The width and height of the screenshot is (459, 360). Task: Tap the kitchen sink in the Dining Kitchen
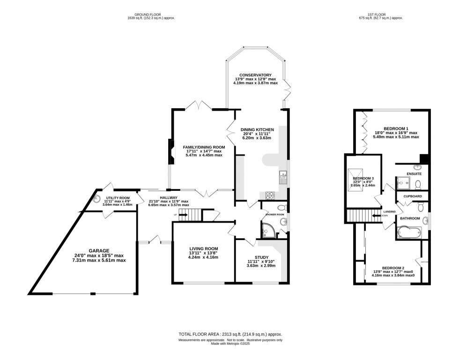tap(283, 177)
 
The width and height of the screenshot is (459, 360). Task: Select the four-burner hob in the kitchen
tap(271, 195)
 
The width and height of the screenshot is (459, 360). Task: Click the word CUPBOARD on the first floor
tap(413, 196)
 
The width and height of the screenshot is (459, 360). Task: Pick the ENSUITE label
tap(414, 174)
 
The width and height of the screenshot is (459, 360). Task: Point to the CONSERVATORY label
tap(255, 75)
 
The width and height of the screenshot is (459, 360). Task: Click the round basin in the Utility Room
tap(97, 197)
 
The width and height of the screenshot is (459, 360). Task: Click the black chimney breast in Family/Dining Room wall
tap(171, 154)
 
